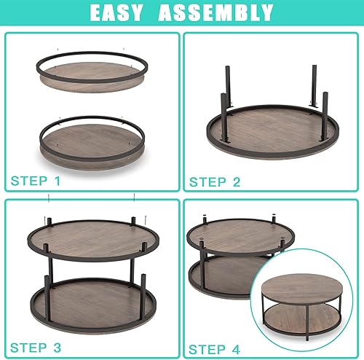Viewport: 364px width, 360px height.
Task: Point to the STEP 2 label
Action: click(215, 182)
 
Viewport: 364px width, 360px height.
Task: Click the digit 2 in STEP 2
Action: click(236, 182)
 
